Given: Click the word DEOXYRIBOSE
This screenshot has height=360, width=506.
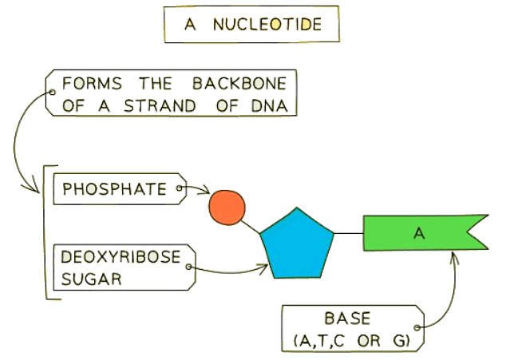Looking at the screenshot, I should tap(121, 257).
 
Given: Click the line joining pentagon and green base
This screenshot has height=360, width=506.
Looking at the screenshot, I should tap(347, 233).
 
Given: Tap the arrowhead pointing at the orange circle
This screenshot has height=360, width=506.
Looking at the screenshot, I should tap(207, 193).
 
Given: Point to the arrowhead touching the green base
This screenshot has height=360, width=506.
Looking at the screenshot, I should tap(455, 255).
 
